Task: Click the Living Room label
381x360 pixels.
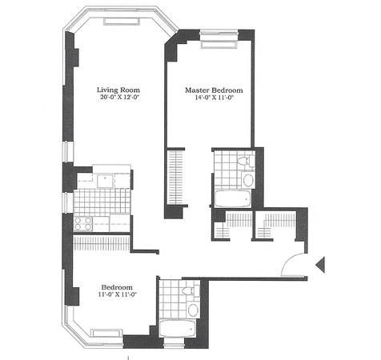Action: click(118, 90)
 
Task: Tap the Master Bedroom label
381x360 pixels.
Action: click(214, 90)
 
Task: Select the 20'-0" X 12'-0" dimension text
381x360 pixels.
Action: click(120, 98)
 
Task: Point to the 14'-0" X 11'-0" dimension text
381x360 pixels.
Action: click(215, 98)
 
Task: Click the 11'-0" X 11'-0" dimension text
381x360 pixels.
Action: click(118, 294)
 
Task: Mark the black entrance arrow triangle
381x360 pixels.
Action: click(320, 265)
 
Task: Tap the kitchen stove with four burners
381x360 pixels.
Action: click(83, 223)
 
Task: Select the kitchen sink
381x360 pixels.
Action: click(105, 182)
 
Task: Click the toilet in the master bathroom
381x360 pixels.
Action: click(246, 161)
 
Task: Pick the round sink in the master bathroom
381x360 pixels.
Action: click(248, 181)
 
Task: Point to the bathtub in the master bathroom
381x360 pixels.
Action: click(232, 198)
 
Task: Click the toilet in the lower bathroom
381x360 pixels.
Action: click(190, 290)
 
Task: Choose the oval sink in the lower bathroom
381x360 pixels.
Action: click(193, 310)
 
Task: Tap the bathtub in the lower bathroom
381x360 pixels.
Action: click(177, 328)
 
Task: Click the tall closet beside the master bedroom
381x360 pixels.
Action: click(175, 177)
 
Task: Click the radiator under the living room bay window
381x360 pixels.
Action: click(122, 22)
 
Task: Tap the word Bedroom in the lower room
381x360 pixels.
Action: click(117, 287)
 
